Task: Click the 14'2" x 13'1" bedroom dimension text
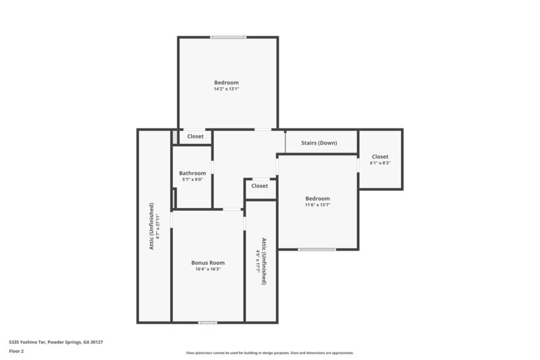coord(227,89)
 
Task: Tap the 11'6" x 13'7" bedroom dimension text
coord(317,205)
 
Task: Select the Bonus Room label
coord(208,263)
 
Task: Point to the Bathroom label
coord(192,173)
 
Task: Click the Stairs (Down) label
coord(319,143)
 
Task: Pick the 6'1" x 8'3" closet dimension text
coord(380,163)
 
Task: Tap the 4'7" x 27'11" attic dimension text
coord(159,226)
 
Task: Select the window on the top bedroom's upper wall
coord(227,37)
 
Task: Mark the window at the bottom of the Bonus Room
coord(208,322)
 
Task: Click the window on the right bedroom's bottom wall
coord(317,249)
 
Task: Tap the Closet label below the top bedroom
coord(195,136)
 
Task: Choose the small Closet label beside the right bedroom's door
coord(260,186)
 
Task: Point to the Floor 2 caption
coord(16,351)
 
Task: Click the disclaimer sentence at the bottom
coord(269,353)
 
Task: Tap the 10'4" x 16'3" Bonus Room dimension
coord(208,269)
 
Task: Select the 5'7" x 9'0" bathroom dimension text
coord(192,179)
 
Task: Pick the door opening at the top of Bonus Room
coord(232,210)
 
